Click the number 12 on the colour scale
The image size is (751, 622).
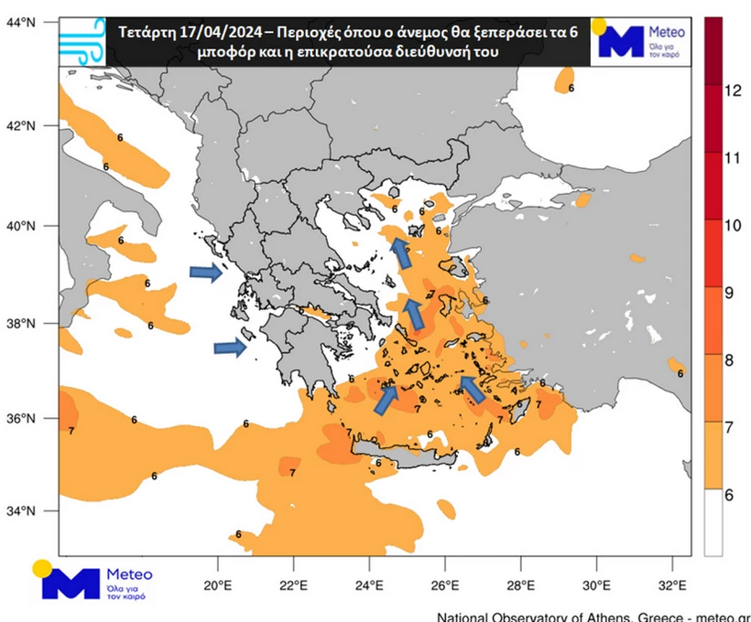[732, 91]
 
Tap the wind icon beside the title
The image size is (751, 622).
[82, 39]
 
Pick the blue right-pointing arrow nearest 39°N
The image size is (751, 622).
[205, 272]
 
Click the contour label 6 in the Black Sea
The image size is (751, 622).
[571, 88]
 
